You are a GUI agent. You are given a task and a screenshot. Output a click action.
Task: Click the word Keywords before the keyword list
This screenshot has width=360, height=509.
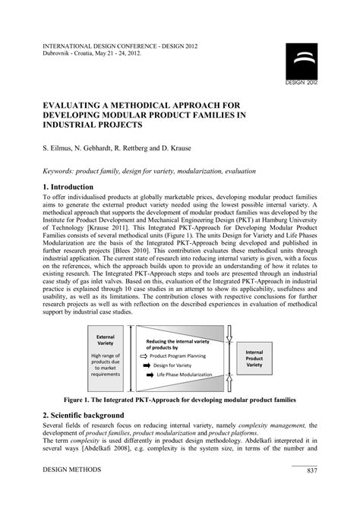point(62,172)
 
